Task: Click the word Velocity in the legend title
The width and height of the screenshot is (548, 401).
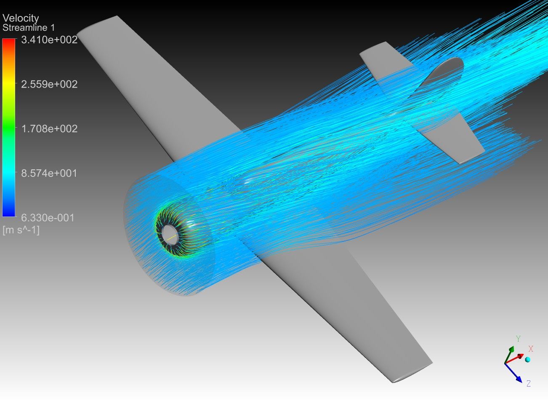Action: tap(21, 18)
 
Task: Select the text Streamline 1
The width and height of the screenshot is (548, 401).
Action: tap(29, 28)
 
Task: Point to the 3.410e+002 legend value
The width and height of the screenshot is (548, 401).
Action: tap(49, 40)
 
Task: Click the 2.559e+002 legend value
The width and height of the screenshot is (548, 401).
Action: tap(49, 84)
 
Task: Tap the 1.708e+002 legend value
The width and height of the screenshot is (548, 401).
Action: tap(49, 129)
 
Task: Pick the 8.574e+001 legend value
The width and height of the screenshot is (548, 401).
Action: tap(49, 173)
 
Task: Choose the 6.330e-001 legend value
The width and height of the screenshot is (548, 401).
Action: tap(48, 218)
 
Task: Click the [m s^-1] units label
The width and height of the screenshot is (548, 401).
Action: tap(21, 230)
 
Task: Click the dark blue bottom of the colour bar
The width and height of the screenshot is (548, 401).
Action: tap(8, 214)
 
